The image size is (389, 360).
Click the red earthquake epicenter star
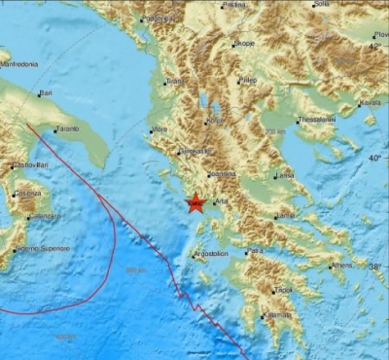click(x=194, y=202)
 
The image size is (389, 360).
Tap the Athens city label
click(x=341, y=265)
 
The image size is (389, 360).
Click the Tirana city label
click(x=174, y=82)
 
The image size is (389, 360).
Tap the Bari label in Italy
click(x=45, y=94)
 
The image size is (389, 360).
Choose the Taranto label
click(x=67, y=128)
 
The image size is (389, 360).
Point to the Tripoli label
click(x=283, y=289)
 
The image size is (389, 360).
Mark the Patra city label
click(x=255, y=251)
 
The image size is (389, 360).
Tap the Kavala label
click(x=370, y=102)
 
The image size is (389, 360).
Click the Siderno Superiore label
click(x=45, y=248)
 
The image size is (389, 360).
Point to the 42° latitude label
click(x=379, y=46)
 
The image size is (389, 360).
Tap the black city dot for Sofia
click(x=313, y=5)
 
